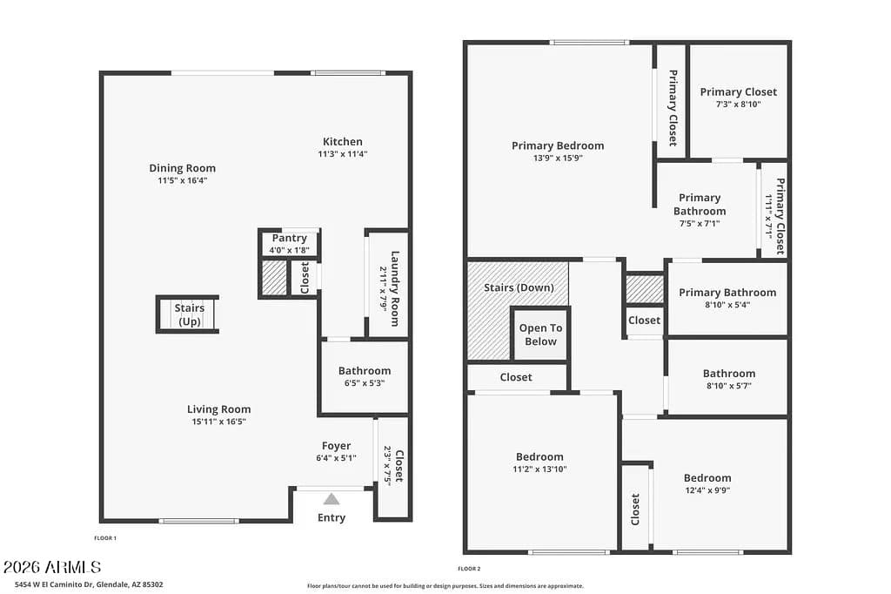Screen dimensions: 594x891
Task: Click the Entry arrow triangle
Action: (331, 499)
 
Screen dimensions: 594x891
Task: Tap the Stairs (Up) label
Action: (189, 314)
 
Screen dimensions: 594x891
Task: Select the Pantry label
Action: (289, 238)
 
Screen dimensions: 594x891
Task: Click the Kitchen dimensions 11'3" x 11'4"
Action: (342, 154)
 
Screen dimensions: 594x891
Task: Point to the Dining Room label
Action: (182, 168)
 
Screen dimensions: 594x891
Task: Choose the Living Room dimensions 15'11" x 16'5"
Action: (218, 422)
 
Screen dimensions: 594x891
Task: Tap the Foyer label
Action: (336, 446)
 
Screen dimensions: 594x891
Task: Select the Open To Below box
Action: (540, 334)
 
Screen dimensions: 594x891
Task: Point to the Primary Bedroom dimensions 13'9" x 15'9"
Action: (557, 159)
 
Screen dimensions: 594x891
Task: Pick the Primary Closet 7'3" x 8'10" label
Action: (738, 91)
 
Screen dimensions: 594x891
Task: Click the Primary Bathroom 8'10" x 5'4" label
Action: (727, 293)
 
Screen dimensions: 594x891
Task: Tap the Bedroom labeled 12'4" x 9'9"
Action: (707, 477)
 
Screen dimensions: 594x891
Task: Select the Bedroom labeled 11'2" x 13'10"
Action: (539, 456)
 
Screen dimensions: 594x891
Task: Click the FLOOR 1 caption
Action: (105, 538)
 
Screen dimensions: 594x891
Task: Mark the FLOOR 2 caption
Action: (469, 569)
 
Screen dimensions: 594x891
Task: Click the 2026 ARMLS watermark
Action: (52, 568)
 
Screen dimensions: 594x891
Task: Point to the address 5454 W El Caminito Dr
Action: (83, 585)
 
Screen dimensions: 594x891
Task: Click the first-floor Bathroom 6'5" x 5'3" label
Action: (364, 371)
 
